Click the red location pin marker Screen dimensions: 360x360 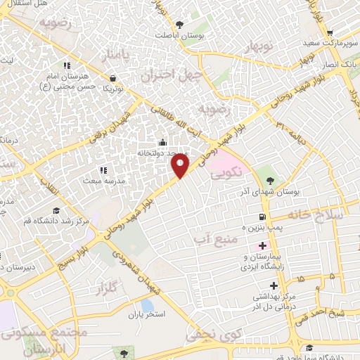tap(181, 165)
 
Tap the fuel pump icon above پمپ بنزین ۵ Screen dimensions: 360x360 tap(262, 217)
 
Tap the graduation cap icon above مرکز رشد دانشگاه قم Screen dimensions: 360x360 tap(56, 210)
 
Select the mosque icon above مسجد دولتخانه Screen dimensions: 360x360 tap(164, 143)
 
